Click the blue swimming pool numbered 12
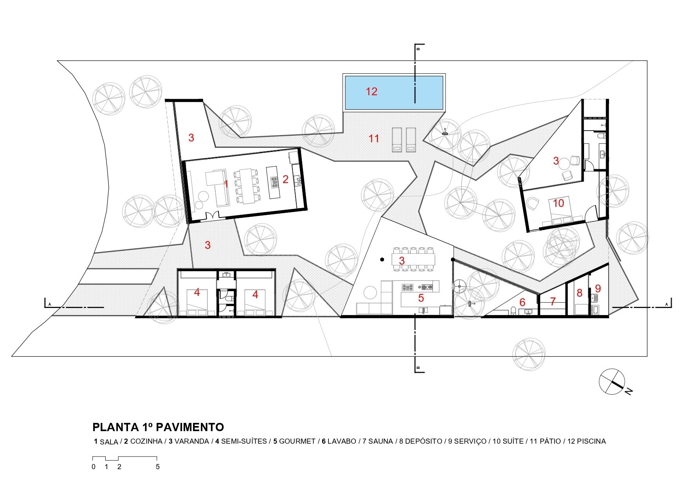tap(394, 92)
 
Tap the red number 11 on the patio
tap(374, 138)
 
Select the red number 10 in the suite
tap(559, 203)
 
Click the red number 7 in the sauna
tap(553, 301)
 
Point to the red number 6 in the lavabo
tap(522, 303)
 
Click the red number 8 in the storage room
tap(580, 293)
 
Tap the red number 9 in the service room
tap(598, 288)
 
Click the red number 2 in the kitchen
tap(285, 179)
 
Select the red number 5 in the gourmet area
tap(421, 298)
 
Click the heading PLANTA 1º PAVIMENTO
tap(158, 427)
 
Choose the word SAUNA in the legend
tap(380, 441)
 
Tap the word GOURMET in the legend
tap(297, 441)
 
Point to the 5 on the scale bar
tap(158, 467)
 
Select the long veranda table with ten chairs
tap(413, 259)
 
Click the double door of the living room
tap(213, 216)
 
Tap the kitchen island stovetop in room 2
tap(274, 180)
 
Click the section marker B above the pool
tap(418, 49)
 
